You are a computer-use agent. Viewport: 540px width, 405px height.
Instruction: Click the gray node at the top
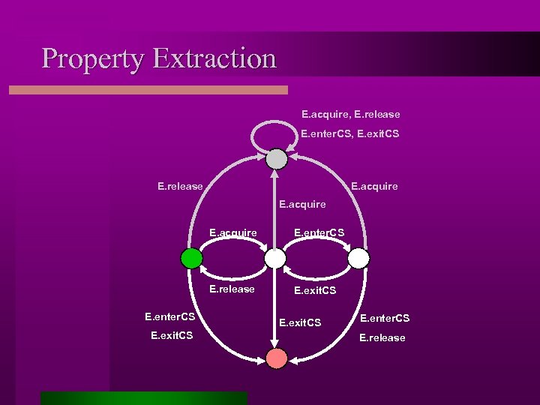tap(277, 158)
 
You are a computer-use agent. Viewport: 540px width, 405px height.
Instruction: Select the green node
tap(192, 259)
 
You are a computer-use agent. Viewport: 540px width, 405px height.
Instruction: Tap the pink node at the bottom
tap(277, 358)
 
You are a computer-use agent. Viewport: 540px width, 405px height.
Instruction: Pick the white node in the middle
tap(276, 259)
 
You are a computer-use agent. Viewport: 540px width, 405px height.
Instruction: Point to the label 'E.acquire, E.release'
tap(350, 114)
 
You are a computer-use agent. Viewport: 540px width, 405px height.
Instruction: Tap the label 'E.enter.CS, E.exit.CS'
tap(350, 133)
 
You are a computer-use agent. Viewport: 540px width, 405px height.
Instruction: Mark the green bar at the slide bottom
tap(143, 397)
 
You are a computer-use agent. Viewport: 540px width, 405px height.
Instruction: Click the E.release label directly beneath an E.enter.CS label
tap(382, 337)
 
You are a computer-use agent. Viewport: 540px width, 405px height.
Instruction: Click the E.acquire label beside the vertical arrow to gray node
tap(302, 204)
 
